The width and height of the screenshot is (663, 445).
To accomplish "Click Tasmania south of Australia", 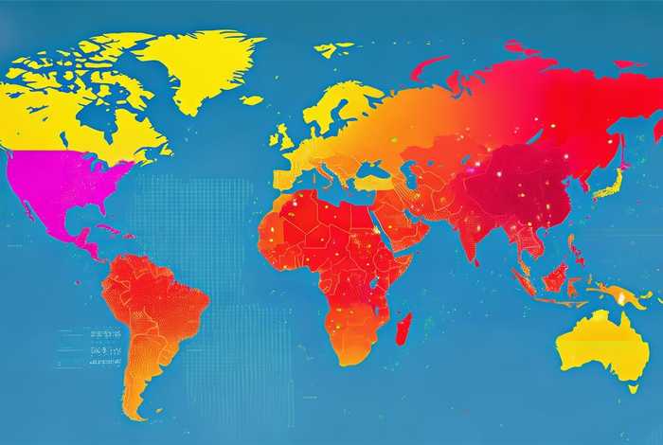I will point(632,386).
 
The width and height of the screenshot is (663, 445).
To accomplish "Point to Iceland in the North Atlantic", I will point(251,98).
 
